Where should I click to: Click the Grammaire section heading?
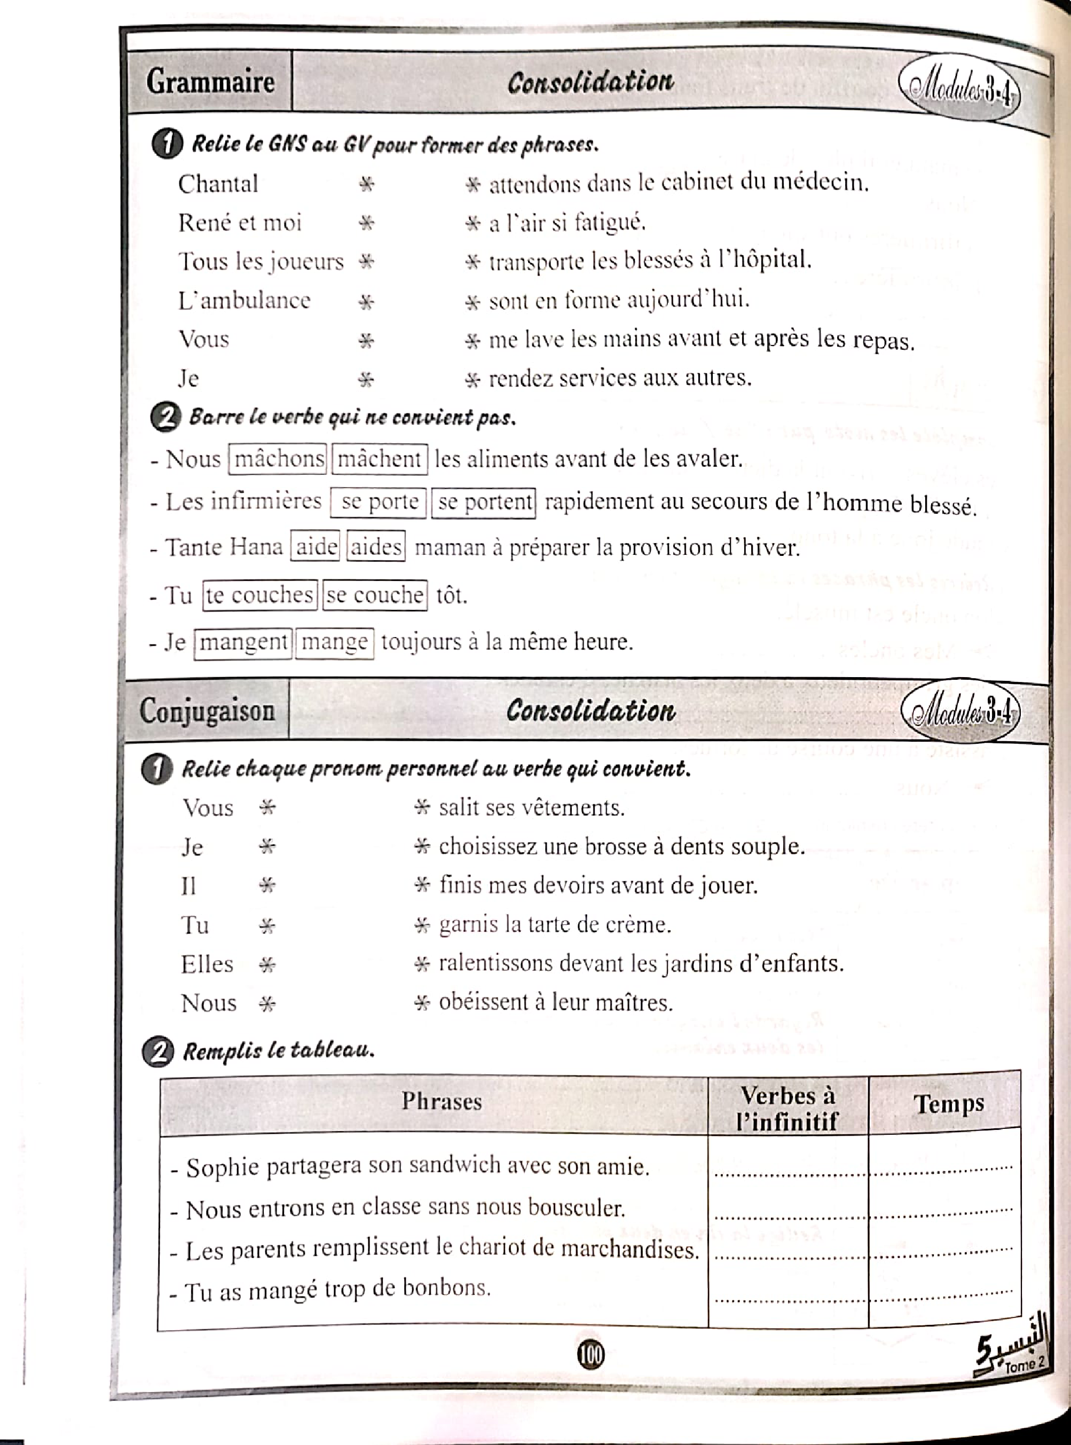click(210, 82)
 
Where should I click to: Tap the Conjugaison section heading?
click(207, 711)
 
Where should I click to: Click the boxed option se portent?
click(484, 502)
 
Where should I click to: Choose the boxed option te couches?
click(259, 595)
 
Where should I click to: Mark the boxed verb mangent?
click(243, 642)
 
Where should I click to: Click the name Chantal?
click(218, 184)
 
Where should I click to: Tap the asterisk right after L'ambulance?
click(366, 302)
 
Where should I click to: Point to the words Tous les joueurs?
click(261, 262)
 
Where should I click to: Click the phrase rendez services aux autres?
click(620, 379)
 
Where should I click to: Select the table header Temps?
click(948, 1103)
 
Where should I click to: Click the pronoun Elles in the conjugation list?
click(207, 964)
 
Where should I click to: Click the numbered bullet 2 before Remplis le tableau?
click(158, 1051)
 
